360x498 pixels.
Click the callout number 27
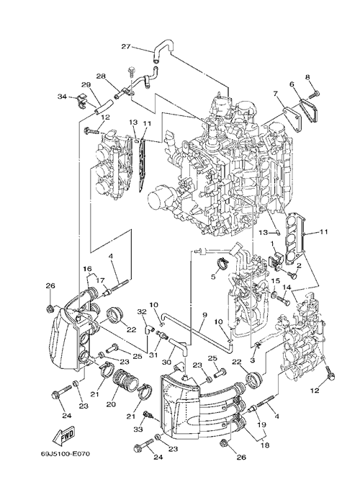[x=126, y=46]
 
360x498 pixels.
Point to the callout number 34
[x=62, y=97]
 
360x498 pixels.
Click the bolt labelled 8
[x=315, y=94]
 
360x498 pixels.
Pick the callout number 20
[x=110, y=404]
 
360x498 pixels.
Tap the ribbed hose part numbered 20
[x=125, y=380]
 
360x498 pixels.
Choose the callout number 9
[x=204, y=316]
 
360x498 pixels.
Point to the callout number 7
[x=275, y=94]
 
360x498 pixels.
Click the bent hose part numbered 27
[x=163, y=48]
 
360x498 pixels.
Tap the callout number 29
[x=86, y=85]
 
